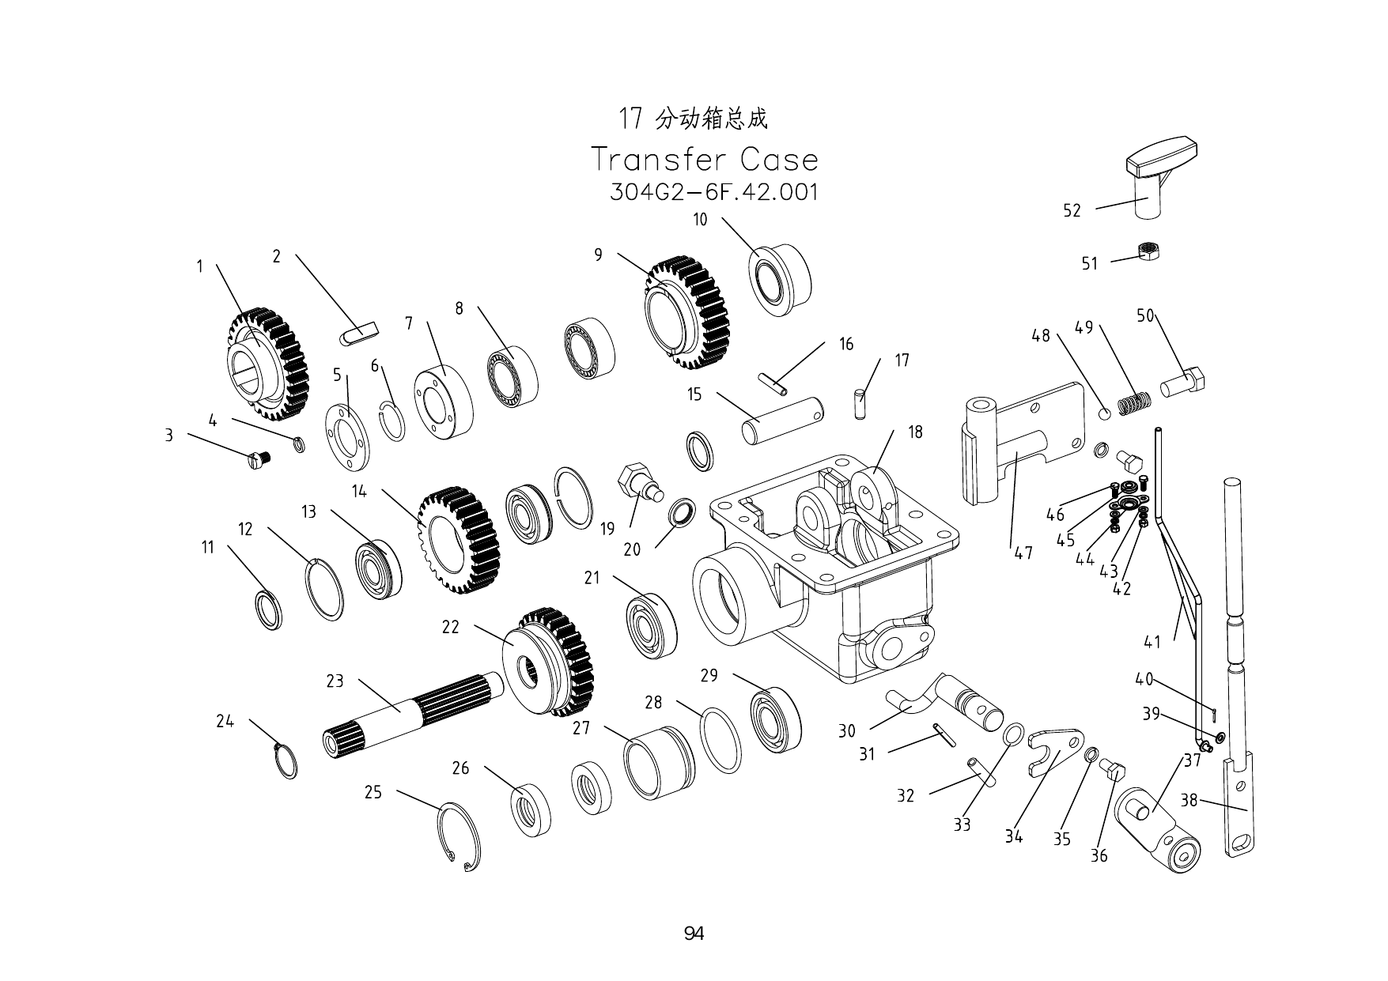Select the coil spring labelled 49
pos(1134,403)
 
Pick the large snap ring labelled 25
pos(460,835)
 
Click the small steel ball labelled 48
pos(1106,414)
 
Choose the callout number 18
pos(915,432)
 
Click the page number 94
pos(694,934)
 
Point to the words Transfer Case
pos(705,160)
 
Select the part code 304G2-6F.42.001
pos(714,192)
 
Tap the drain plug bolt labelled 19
pos(639,483)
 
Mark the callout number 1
pos(200,266)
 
